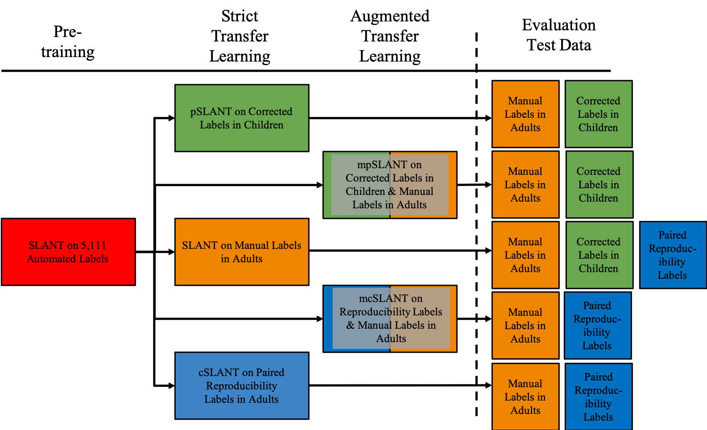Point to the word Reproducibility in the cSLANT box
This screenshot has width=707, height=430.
click(x=241, y=386)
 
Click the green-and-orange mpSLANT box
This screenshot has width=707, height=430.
click(x=389, y=185)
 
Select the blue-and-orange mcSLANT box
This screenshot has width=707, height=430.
click(x=389, y=318)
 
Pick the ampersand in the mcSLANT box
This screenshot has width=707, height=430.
click(x=351, y=325)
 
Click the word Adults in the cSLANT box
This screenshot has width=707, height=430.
click(x=264, y=399)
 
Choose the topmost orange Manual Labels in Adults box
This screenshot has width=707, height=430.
click(x=525, y=114)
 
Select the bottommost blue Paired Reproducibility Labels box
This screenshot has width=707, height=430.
click(x=598, y=397)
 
